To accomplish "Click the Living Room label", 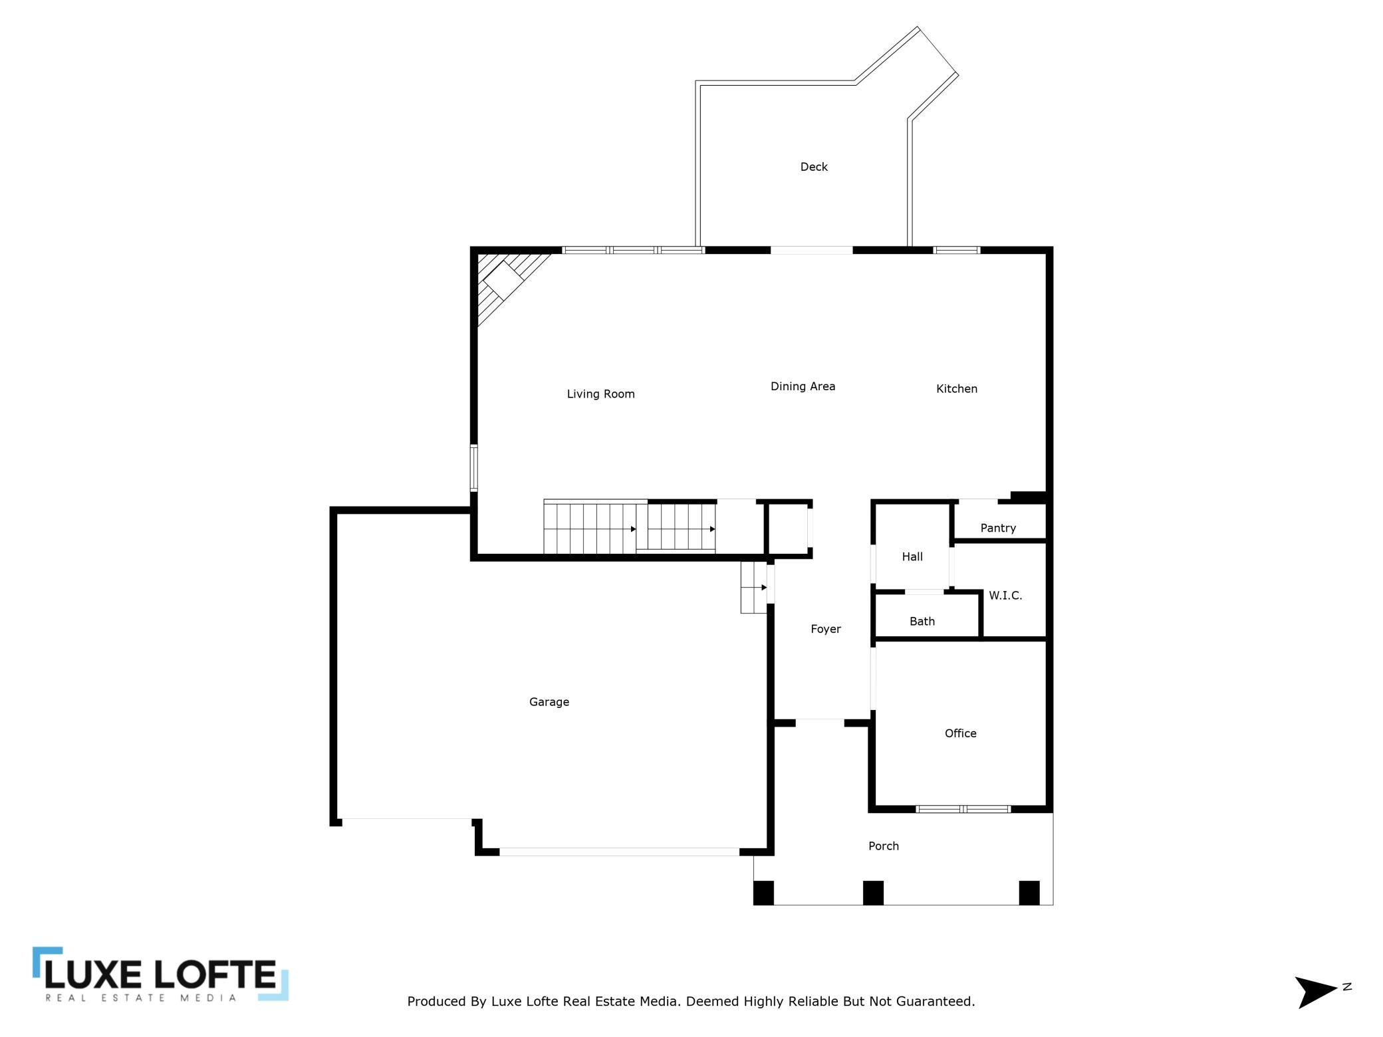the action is coord(600,394).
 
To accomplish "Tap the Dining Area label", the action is coord(803,386).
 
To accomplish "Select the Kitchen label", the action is coord(957,389).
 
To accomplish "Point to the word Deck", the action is coord(814,167).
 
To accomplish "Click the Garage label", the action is coord(549,702).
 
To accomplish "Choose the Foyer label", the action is coord(826,629).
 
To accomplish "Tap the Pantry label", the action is coord(998,528).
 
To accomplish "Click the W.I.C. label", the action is coord(1005,596).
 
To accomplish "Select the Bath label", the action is coord(922,622).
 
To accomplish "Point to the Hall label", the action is coord(912,557).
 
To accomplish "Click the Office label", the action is coord(961,733).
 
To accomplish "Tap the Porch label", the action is coord(884,846).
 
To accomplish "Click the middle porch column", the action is coord(873,893).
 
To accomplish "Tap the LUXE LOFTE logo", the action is coord(160,974).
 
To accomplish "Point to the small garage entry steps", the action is coord(754,588).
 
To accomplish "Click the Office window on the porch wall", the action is coord(963,809).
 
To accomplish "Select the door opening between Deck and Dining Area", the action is coord(811,251).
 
